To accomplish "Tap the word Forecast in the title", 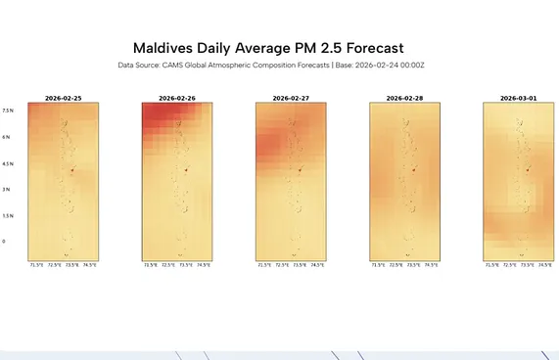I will pyautogui.click(x=367, y=48).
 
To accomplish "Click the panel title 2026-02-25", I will pyautogui.click(x=64, y=99).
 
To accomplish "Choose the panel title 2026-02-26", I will pyautogui.click(x=177, y=99).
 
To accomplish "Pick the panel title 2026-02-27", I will pyautogui.click(x=291, y=99).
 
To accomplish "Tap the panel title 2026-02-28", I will pyautogui.click(x=404, y=99).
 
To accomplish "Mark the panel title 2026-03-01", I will pyautogui.click(x=518, y=99).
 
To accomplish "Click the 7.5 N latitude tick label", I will pyautogui.click(x=8, y=111).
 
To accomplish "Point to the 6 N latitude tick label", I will pyautogui.click(x=7, y=137).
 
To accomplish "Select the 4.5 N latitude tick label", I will pyautogui.click(x=8, y=163).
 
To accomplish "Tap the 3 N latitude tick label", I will pyautogui.click(x=7, y=190).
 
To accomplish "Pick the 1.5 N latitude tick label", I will pyautogui.click(x=8, y=216).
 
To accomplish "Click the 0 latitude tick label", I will pyautogui.click(x=4, y=242).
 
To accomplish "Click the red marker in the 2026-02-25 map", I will pyautogui.click(x=72, y=170).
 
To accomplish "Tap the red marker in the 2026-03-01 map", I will pyautogui.click(x=527, y=170).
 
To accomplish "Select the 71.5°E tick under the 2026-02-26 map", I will pyautogui.click(x=151, y=265).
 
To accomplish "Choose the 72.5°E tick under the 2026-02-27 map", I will pyautogui.click(x=282, y=265).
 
